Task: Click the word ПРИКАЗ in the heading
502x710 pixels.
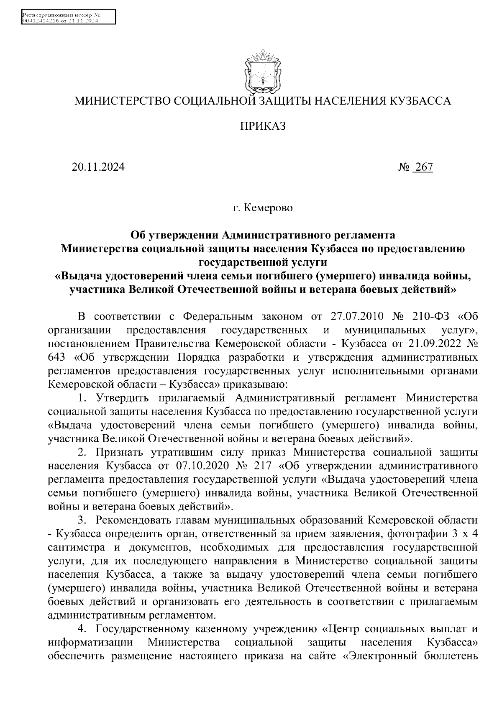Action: [263, 126]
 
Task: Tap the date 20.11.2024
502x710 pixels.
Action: [98, 167]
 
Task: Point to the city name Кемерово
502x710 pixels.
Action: [268, 208]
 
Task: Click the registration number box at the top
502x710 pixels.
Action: [67, 18]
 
